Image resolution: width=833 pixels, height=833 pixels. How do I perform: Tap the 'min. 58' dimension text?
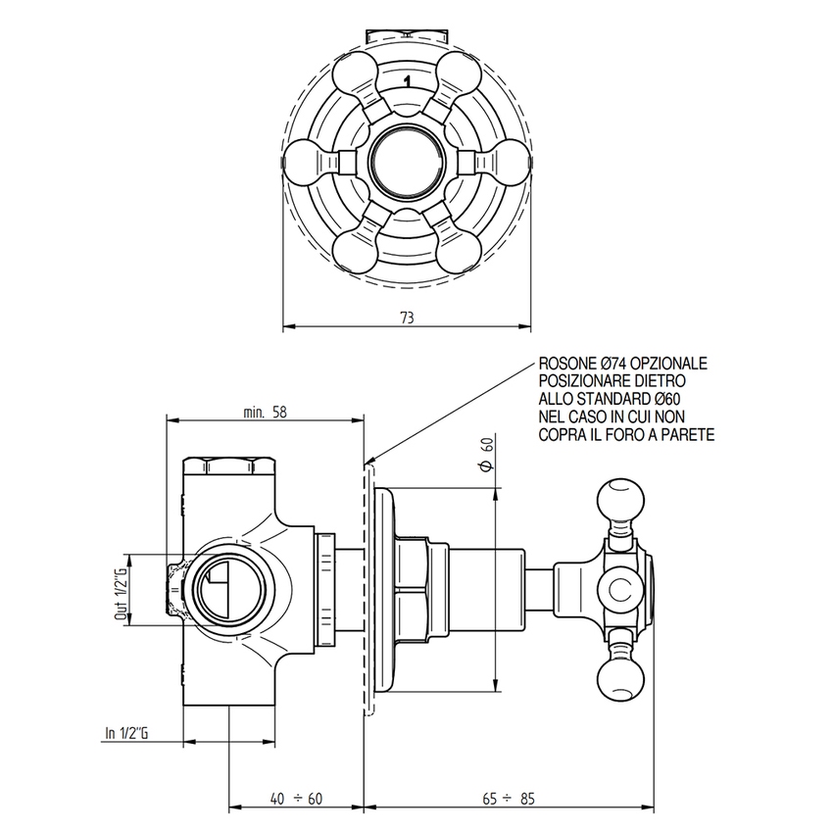point(266,412)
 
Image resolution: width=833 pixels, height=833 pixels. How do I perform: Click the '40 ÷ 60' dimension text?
point(295,799)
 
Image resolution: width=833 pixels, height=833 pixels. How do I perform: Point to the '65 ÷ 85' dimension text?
point(509,799)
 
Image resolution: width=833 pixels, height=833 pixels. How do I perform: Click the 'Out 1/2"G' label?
point(122,593)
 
